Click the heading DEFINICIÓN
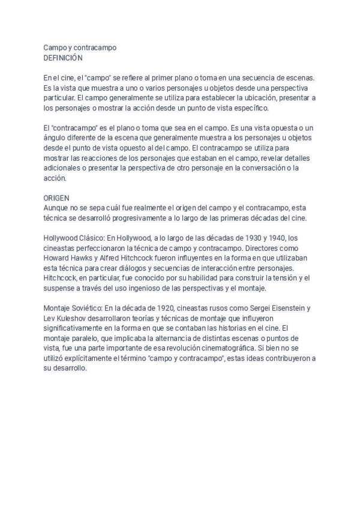tap(63, 58)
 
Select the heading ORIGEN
tap(56, 197)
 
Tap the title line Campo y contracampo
tap(80, 47)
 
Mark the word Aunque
tap(57, 207)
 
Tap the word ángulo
tap(56, 138)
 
